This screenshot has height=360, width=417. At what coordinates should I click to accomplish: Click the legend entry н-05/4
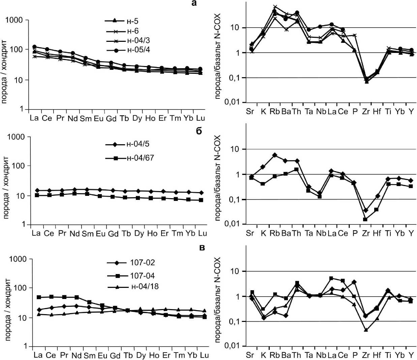click(x=138, y=50)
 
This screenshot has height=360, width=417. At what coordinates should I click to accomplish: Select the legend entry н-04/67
click(x=140, y=158)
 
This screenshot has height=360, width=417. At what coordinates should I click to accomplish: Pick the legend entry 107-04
click(x=142, y=276)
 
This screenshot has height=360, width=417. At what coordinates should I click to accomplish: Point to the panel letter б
click(x=199, y=131)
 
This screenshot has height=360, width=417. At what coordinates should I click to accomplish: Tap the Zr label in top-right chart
click(x=366, y=112)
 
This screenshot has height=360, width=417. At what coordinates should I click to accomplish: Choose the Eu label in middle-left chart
click(x=100, y=233)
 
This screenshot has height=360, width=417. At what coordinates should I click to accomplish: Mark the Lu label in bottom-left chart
click(x=204, y=355)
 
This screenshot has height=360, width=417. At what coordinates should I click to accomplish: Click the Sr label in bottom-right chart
click(x=250, y=355)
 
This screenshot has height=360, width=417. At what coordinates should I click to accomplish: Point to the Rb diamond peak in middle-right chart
click(x=275, y=155)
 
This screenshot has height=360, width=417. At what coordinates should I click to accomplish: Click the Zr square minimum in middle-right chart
click(x=365, y=219)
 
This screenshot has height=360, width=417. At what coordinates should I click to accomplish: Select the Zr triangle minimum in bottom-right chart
click(x=366, y=330)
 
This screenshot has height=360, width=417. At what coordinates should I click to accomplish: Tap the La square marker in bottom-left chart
click(x=39, y=297)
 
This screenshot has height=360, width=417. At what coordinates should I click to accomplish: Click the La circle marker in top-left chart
click(x=34, y=47)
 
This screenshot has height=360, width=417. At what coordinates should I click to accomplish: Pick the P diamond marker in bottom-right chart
click(x=354, y=282)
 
